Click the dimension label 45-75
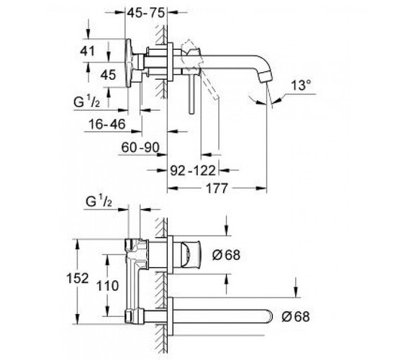pos(145,13)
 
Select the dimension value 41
pos(87,51)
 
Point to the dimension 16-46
pos(107,124)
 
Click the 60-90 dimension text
pos(140,148)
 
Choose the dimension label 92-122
pos(193,171)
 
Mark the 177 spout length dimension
pos(217,188)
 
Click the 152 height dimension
pos(78,278)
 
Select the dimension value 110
pos(107,286)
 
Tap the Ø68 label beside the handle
pos(227,255)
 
